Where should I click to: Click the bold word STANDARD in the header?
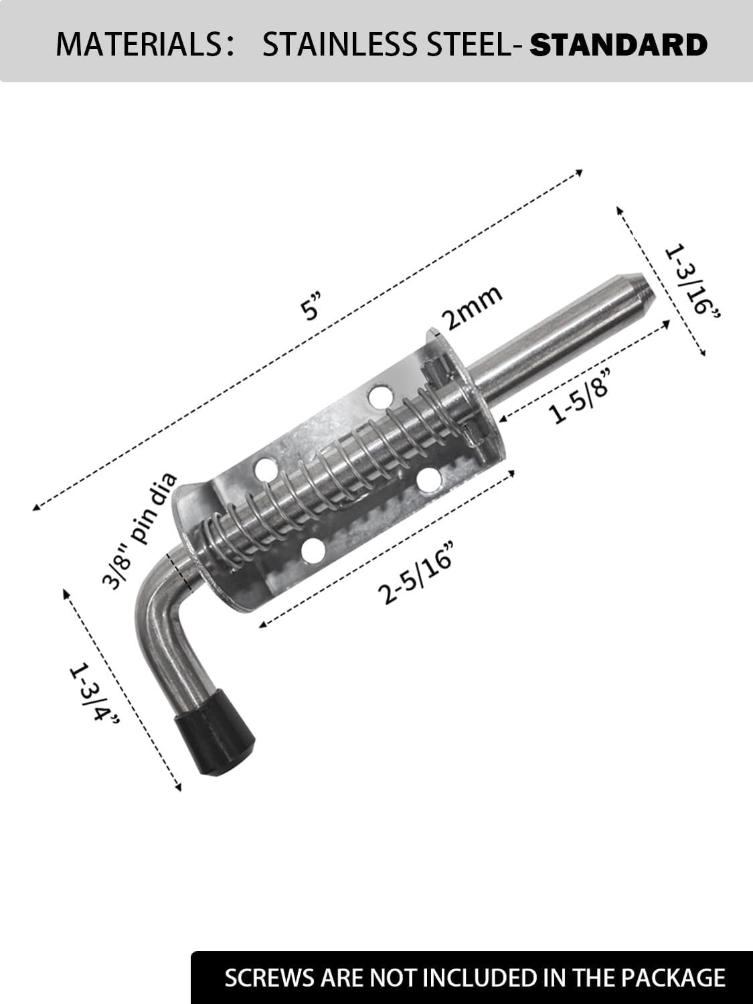point(618,44)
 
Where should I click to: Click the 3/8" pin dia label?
point(139,531)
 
